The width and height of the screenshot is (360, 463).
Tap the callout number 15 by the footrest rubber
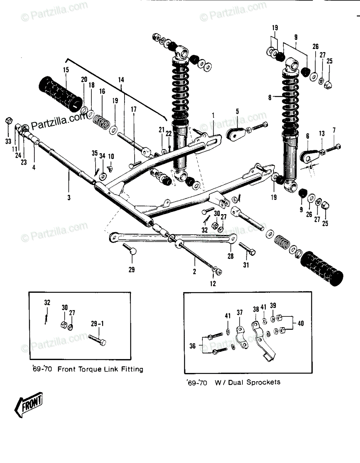pos(66,70)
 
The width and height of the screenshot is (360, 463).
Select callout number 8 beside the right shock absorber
pos(270,98)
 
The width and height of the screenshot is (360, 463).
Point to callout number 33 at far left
pos(8,141)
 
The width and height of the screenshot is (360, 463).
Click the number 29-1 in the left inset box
pos(97,324)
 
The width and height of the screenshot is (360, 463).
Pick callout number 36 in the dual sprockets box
pos(192,346)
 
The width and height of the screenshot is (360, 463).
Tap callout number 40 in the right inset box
pos(300,323)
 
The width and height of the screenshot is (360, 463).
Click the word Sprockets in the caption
pos(263,382)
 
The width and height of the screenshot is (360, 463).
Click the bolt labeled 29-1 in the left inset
pos(97,340)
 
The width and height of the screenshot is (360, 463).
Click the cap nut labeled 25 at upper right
pos(329,85)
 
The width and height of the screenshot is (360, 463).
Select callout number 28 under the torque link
pos(230,256)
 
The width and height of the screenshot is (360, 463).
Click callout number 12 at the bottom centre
pos(213,284)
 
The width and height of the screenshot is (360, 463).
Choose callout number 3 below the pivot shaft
pos(69,197)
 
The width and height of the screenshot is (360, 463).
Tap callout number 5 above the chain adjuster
pos(237,111)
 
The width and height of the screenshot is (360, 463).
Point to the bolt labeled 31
pos(247,248)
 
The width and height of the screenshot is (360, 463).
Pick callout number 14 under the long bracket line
pos(121,80)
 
